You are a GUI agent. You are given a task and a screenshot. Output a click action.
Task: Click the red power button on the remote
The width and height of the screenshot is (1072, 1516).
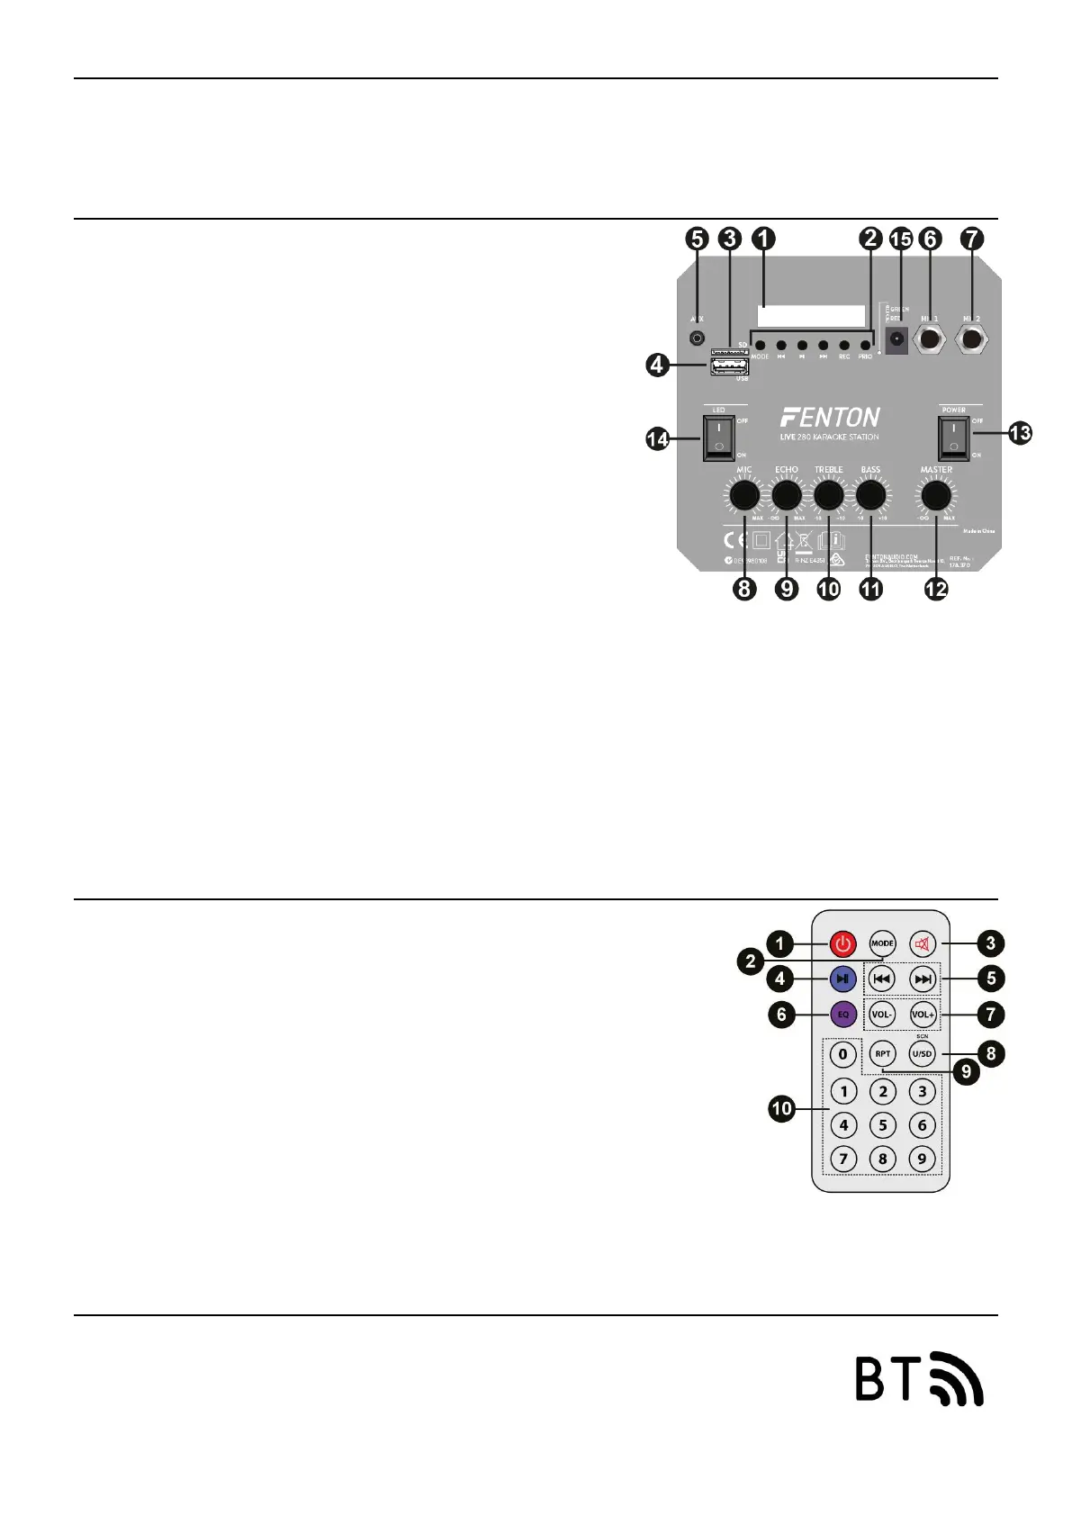pos(842,943)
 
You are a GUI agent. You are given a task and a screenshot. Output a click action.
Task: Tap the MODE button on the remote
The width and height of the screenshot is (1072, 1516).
pos(882,943)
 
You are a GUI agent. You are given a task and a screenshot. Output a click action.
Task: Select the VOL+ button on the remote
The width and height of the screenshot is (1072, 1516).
pos(923,1015)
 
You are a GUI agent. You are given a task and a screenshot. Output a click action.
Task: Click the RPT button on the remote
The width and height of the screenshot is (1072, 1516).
pos(882,1053)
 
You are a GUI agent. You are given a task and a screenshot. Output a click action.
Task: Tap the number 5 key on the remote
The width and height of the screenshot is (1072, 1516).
pos(882,1124)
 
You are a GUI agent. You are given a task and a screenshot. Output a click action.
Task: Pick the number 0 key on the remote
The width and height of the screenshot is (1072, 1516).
pos(842,1053)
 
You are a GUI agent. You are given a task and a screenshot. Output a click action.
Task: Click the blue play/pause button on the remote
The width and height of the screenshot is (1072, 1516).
pos(842,979)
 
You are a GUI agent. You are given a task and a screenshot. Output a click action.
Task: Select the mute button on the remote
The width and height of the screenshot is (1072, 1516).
pos(923,943)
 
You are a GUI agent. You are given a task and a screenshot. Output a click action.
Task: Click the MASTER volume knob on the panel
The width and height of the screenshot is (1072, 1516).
pos(936,495)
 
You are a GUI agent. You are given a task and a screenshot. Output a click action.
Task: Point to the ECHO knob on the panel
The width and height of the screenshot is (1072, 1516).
pos(787,495)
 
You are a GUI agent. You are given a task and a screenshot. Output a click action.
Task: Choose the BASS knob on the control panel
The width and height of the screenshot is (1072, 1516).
pos(870,495)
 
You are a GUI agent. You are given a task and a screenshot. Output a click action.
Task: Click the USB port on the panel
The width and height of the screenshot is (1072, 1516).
pos(729,367)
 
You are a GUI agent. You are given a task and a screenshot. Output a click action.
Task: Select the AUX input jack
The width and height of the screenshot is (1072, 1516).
pos(697,338)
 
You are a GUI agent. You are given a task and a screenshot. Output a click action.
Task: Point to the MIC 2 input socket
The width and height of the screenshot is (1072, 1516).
pos(971,340)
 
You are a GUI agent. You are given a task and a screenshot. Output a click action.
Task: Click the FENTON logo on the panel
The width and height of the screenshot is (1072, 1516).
pos(830,418)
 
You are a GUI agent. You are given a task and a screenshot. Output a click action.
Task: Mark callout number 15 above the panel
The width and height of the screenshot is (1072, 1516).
pos(900,239)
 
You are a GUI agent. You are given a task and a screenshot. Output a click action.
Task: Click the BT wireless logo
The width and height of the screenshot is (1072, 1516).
pos(918,1378)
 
